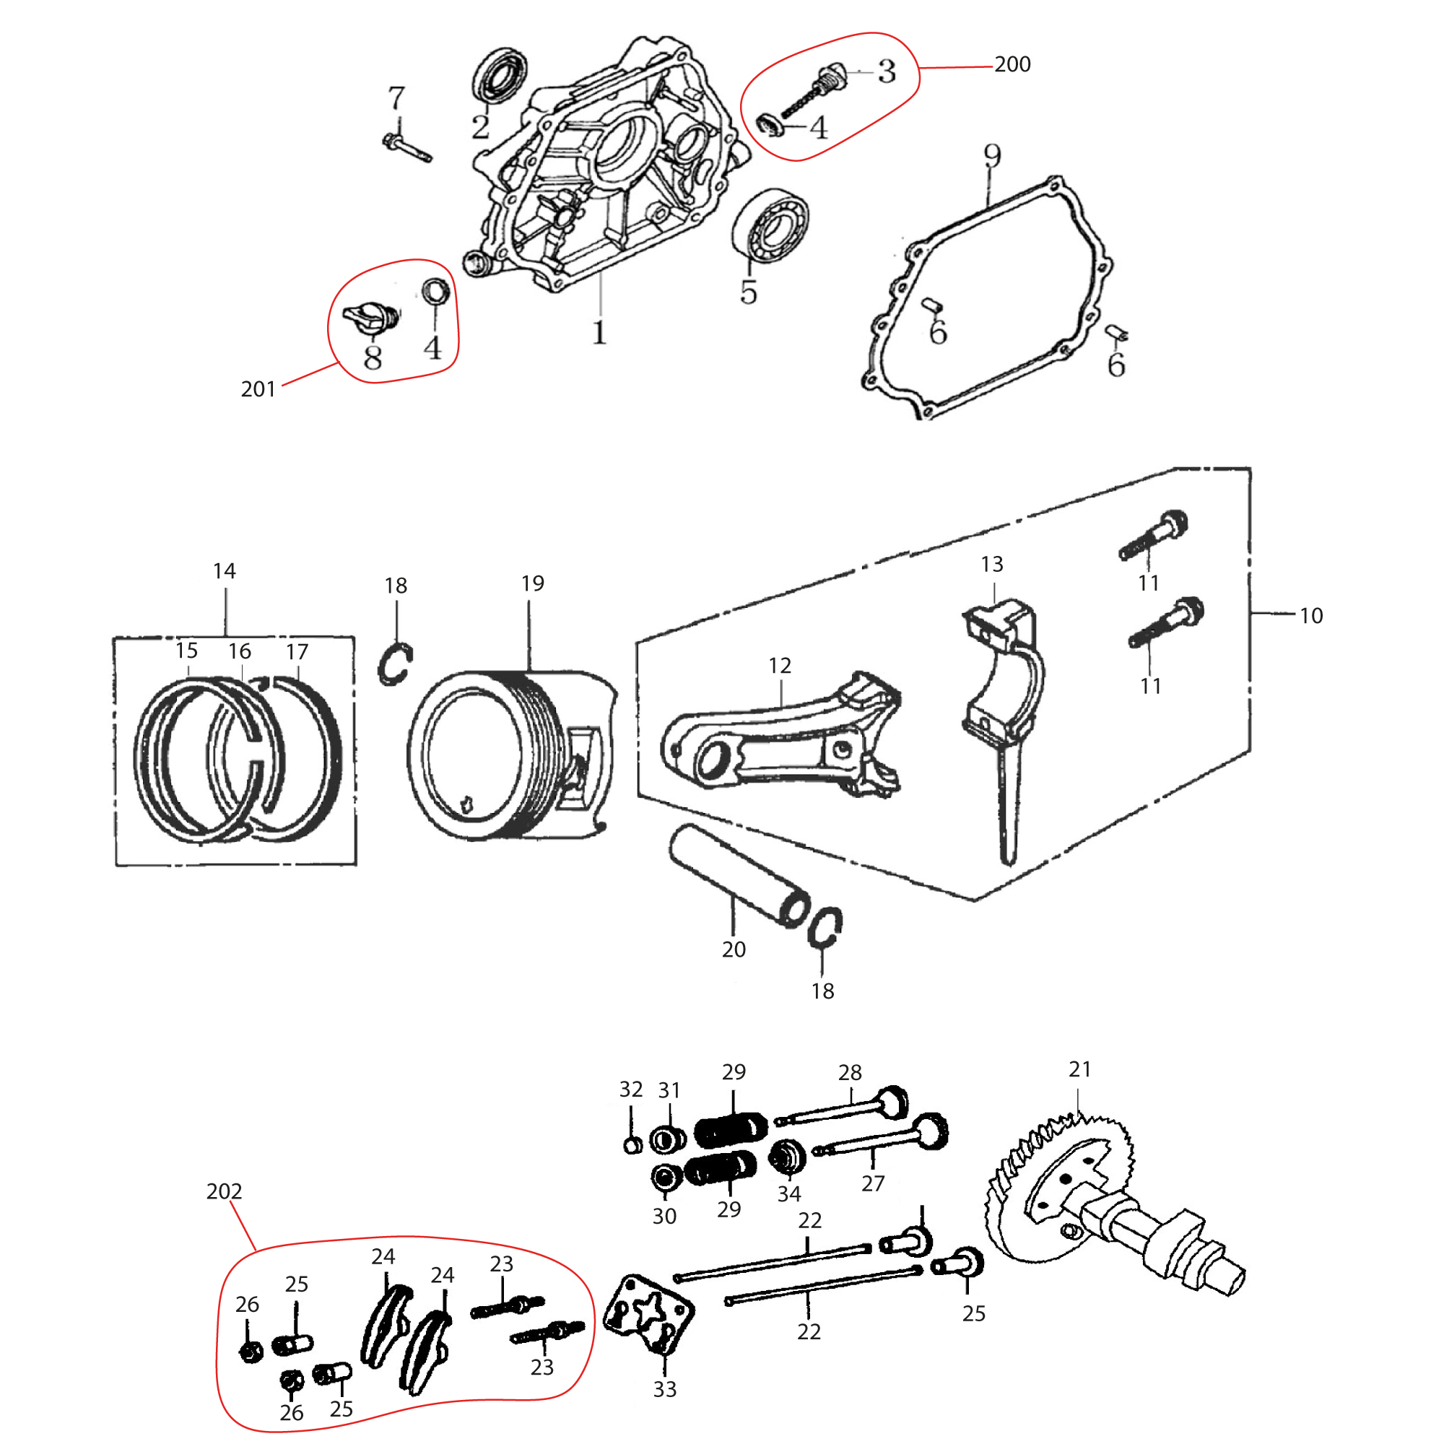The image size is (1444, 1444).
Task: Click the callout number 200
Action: pos(1012,64)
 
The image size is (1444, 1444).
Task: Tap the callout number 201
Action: pos(258,388)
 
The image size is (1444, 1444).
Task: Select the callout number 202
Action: pos(225,1191)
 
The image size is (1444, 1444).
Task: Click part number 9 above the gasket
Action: pos(991,156)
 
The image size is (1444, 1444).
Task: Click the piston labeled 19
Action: pos(508,755)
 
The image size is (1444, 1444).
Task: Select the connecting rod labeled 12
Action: pos(778,740)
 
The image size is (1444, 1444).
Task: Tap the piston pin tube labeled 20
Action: pos(736,874)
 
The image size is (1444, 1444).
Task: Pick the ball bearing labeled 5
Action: pos(770,225)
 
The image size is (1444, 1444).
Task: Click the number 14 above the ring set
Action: pos(225,571)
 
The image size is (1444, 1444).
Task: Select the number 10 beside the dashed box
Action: pos(1311,615)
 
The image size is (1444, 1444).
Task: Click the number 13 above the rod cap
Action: pos(992,565)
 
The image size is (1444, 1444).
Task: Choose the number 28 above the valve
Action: pos(850,1073)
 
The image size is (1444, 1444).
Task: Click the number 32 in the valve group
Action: pos(631,1089)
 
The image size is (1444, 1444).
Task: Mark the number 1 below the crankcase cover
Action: pos(599,333)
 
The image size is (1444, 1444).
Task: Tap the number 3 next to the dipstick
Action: pos(887,71)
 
